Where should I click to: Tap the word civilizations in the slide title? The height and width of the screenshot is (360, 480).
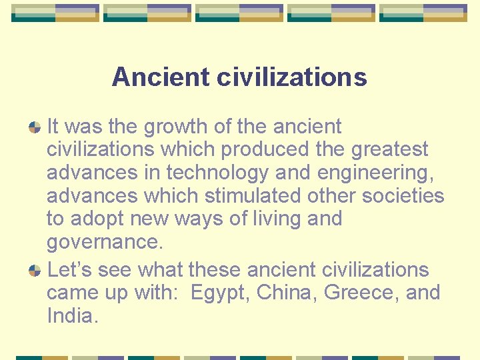(291, 77)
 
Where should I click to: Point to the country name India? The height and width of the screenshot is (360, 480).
(72, 316)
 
